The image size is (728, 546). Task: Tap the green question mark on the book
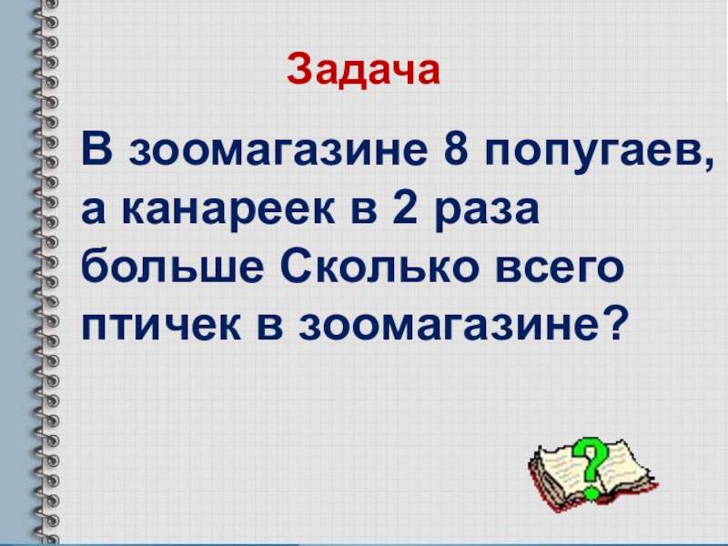(592, 462)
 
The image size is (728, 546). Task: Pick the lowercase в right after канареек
(341, 212)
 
